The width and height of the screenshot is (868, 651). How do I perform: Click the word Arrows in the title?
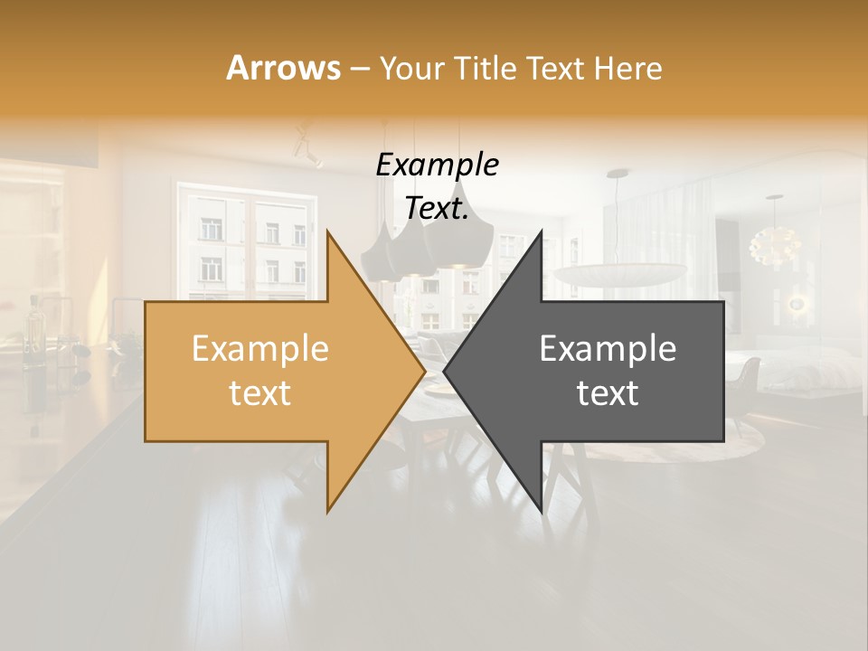pyautogui.click(x=283, y=68)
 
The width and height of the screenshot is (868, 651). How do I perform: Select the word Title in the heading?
pyautogui.click(x=485, y=68)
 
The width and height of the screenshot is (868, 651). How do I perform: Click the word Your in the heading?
pyautogui.click(x=411, y=68)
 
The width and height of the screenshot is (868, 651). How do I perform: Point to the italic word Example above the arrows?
pyautogui.click(x=438, y=165)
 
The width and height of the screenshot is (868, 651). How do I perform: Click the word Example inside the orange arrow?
pyautogui.click(x=259, y=349)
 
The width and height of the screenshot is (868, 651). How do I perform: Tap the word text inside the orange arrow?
pyautogui.click(x=259, y=392)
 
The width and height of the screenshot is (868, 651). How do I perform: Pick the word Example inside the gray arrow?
pyautogui.click(x=608, y=349)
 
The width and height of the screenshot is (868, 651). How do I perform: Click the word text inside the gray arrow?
pyautogui.click(x=608, y=392)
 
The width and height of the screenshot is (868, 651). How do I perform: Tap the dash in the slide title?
pyautogui.click(x=359, y=69)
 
